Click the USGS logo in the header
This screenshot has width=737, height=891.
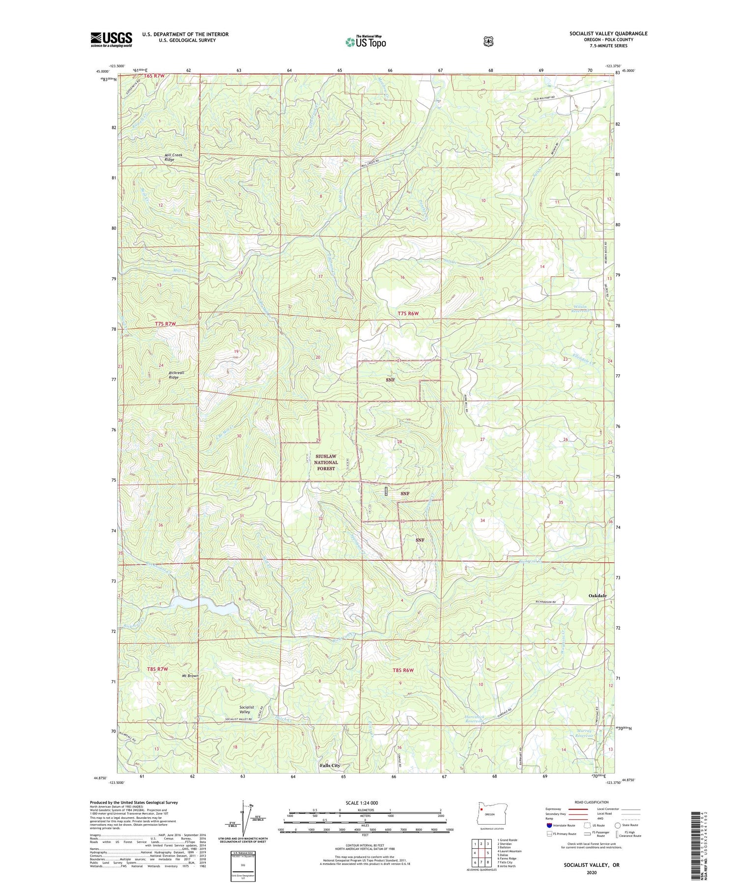click(x=111, y=39)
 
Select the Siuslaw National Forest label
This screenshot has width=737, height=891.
click(x=326, y=462)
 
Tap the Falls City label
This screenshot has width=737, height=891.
click(x=330, y=766)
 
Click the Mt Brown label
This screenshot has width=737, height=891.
click(x=189, y=676)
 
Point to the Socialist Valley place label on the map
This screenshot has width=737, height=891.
click(x=245, y=709)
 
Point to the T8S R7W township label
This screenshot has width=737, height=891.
click(x=157, y=669)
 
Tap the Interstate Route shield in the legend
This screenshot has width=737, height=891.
click(x=549, y=825)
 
